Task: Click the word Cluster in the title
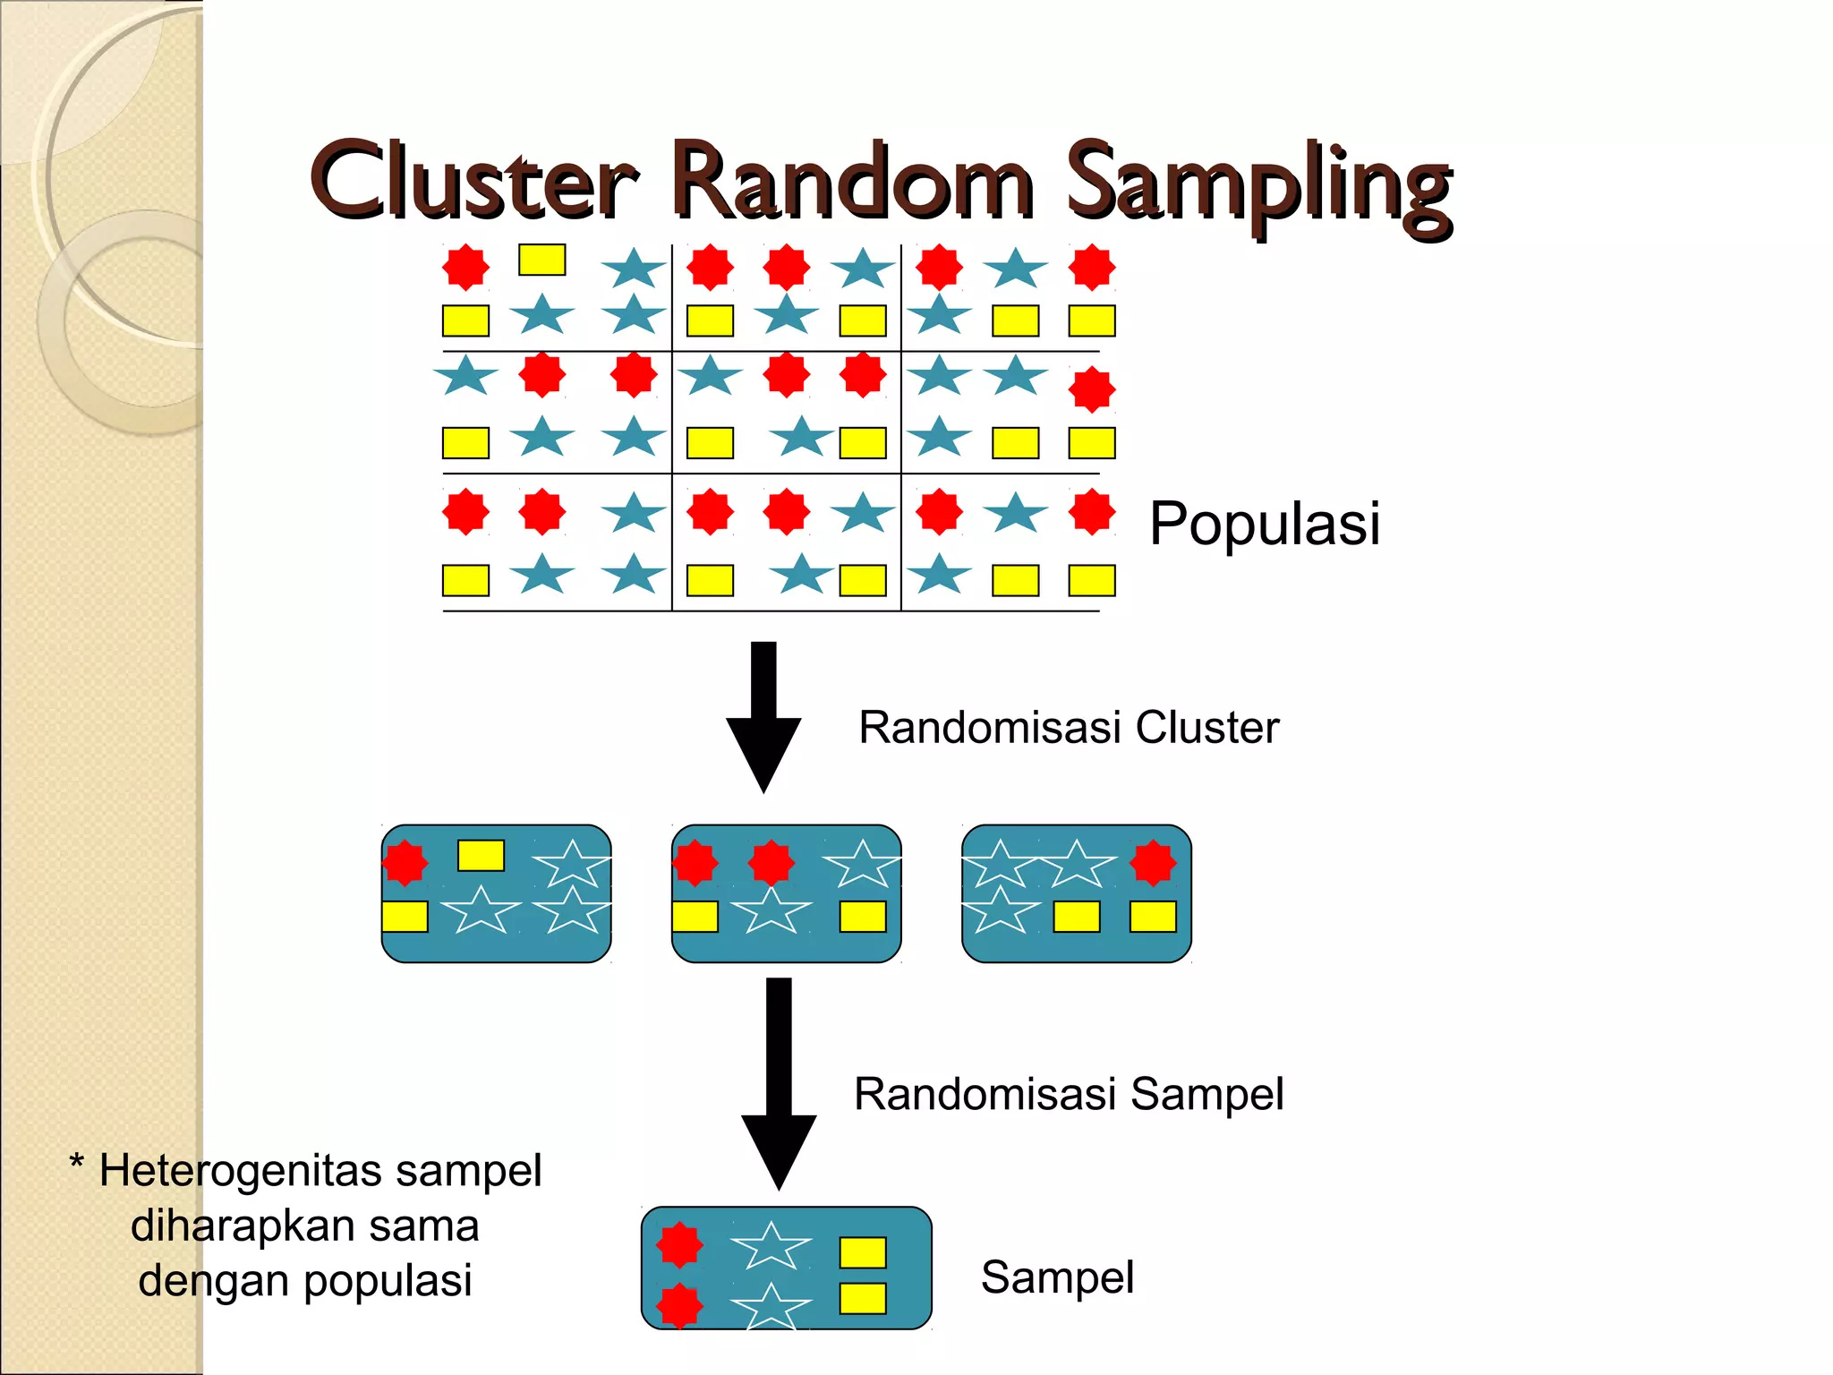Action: [x=473, y=182]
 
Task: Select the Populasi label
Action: [x=1264, y=524]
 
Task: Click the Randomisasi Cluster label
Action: [x=1068, y=727]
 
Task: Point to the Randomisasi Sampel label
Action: [x=1068, y=1094]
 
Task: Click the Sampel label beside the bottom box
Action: [x=1057, y=1277]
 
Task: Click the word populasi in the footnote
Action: [x=387, y=1280]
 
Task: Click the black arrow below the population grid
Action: [x=763, y=716]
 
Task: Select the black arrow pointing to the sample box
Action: [x=779, y=1083]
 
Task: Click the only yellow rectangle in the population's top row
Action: [x=541, y=260]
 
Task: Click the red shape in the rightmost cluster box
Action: [x=1153, y=863]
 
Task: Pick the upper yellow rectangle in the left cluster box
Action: [x=481, y=855]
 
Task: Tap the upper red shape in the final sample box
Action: [x=680, y=1245]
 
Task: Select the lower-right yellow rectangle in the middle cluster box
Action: [x=863, y=917]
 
